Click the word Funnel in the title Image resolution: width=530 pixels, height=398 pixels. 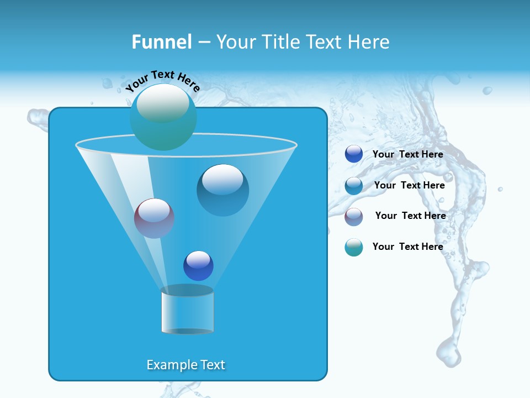tap(162, 42)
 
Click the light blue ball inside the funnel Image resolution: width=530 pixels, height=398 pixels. tap(222, 190)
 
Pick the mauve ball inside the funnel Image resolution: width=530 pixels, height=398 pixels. tap(154, 218)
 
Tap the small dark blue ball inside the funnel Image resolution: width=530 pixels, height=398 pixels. tap(198, 265)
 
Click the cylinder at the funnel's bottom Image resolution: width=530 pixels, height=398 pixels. tap(187, 310)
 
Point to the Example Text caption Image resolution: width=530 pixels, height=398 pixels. tap(186, 365)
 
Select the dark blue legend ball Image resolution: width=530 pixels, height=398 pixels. tap(354, 154)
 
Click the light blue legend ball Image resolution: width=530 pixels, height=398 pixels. tap(354, 186)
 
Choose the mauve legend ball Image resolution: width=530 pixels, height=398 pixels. tap(354, 217)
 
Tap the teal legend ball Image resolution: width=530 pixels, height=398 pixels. tap(354, 247)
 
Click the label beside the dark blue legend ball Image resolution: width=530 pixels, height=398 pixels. tap(407, 154)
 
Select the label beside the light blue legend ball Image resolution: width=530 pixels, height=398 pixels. tap(409, 185)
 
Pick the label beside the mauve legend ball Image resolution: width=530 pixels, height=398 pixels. tap(410, 216)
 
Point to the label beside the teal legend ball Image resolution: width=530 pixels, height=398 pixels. tap(407, 247)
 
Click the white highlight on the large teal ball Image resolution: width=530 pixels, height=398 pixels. tap(163, 103)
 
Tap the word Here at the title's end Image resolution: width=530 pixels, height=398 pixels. tap(369, 42)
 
